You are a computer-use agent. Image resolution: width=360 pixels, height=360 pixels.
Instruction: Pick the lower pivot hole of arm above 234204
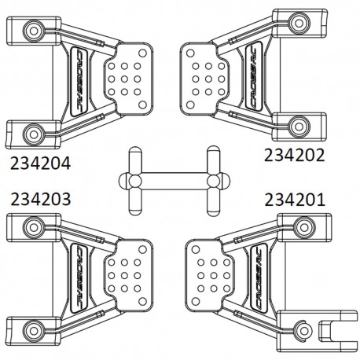(x=31, y=130)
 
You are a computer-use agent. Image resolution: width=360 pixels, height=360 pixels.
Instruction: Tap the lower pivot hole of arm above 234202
(x=296, y=124)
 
